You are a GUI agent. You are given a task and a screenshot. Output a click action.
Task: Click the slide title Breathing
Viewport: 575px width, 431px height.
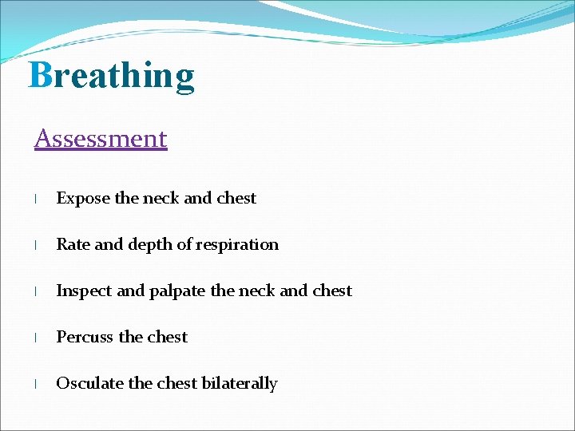(x=112, y=76)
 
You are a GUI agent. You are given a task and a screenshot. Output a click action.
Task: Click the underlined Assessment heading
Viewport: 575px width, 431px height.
(x=101, y=139)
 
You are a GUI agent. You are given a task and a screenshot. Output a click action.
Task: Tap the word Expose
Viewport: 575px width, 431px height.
(x=83, y=199)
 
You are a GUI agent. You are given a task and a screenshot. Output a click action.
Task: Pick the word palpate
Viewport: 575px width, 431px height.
(x=177, y=291)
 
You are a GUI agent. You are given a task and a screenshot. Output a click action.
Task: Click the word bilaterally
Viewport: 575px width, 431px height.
(x=240, y=383)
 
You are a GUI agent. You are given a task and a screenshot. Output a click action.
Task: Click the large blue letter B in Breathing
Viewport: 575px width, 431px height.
(x=40, y=76)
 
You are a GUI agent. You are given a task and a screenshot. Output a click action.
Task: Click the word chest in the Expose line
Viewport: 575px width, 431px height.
(x=236, y=199)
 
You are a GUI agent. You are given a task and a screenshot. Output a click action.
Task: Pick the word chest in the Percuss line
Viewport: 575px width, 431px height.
(x=167, y=337)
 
